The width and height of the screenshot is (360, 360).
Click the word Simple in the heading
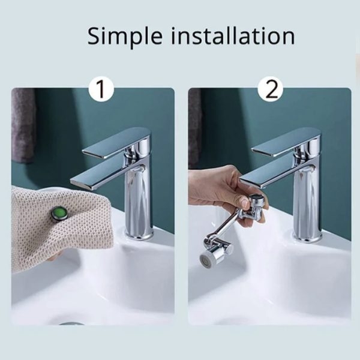point(125,37)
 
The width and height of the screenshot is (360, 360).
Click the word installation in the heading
point(233,35)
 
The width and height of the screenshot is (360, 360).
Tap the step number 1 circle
point(101,89)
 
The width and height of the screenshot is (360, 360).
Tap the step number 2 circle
point(270,89)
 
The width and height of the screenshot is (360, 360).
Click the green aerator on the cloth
point(59,214)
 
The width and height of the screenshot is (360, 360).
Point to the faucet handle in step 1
point(116,142)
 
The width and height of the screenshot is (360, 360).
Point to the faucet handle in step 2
point(286,142)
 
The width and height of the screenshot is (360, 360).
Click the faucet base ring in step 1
point(139,235)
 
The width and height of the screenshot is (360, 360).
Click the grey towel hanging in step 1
point(23,125)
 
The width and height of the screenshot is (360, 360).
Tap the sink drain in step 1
point(71,323)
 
